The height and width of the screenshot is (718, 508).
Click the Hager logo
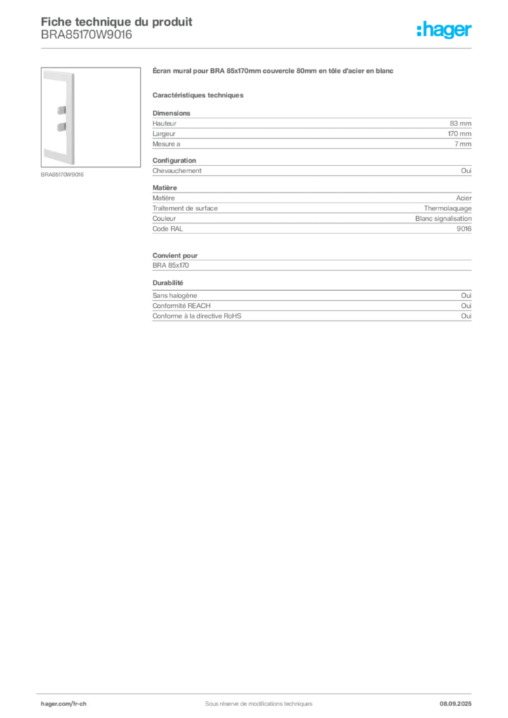point(443,29)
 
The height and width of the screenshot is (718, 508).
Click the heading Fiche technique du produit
point(116,22)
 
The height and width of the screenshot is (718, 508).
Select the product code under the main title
point(86,35)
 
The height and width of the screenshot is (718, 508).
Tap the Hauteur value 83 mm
point(460,123)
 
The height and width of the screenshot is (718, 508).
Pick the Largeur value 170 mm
point(460,134)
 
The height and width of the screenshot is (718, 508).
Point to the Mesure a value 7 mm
point(462,144)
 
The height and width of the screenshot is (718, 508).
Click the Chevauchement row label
point(177,171)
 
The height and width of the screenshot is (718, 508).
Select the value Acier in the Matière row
point(464,198)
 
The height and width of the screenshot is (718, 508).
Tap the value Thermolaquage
point(448,208)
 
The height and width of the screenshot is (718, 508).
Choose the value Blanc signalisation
point(443,219)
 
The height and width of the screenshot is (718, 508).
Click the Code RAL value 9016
point(464,229)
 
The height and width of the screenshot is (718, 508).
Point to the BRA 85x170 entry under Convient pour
point(171,265)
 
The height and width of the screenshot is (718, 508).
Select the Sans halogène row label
point(175,296)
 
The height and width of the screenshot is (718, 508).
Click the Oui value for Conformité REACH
point(466,306)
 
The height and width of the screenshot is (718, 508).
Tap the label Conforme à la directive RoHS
point(196,316)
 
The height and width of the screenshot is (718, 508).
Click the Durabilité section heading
point(168,283)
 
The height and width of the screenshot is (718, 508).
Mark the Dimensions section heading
point(171,113)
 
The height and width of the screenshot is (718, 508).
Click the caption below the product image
point(62,175)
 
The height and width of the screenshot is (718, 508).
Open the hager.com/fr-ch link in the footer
point(64,704)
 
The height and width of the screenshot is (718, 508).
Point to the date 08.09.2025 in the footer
point(455,704)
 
